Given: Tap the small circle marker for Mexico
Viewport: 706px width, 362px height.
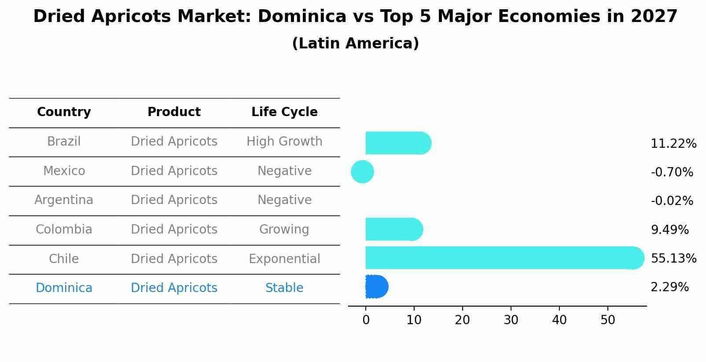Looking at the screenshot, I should coord(362,172).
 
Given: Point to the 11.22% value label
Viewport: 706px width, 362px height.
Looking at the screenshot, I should coord(673,144).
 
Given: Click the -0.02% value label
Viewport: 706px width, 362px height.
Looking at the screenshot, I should coord(672,201).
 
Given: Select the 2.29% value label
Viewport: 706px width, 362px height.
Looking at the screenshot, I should coord(669,287).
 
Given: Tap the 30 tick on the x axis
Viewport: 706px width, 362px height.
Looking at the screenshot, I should coord(511,320).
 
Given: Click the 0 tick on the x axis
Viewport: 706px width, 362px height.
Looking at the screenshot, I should coord(366,320).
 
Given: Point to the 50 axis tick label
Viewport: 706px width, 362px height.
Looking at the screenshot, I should coord(607,320).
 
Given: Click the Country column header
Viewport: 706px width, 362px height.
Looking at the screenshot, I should coord(64,112).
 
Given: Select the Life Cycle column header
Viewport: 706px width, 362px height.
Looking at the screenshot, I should coord(284,112).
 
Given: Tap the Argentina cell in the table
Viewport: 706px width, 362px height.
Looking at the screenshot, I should coord(64,200).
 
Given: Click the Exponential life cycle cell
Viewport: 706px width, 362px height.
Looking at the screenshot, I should coord(284,259).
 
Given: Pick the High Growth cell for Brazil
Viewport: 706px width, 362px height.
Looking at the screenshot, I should coord(284,142).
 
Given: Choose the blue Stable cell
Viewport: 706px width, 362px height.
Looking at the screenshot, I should coord(284,288).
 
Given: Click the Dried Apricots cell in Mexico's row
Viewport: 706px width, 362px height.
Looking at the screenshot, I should coord(174,171).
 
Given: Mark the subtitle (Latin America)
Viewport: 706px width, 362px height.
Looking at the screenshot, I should coord(355,44).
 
